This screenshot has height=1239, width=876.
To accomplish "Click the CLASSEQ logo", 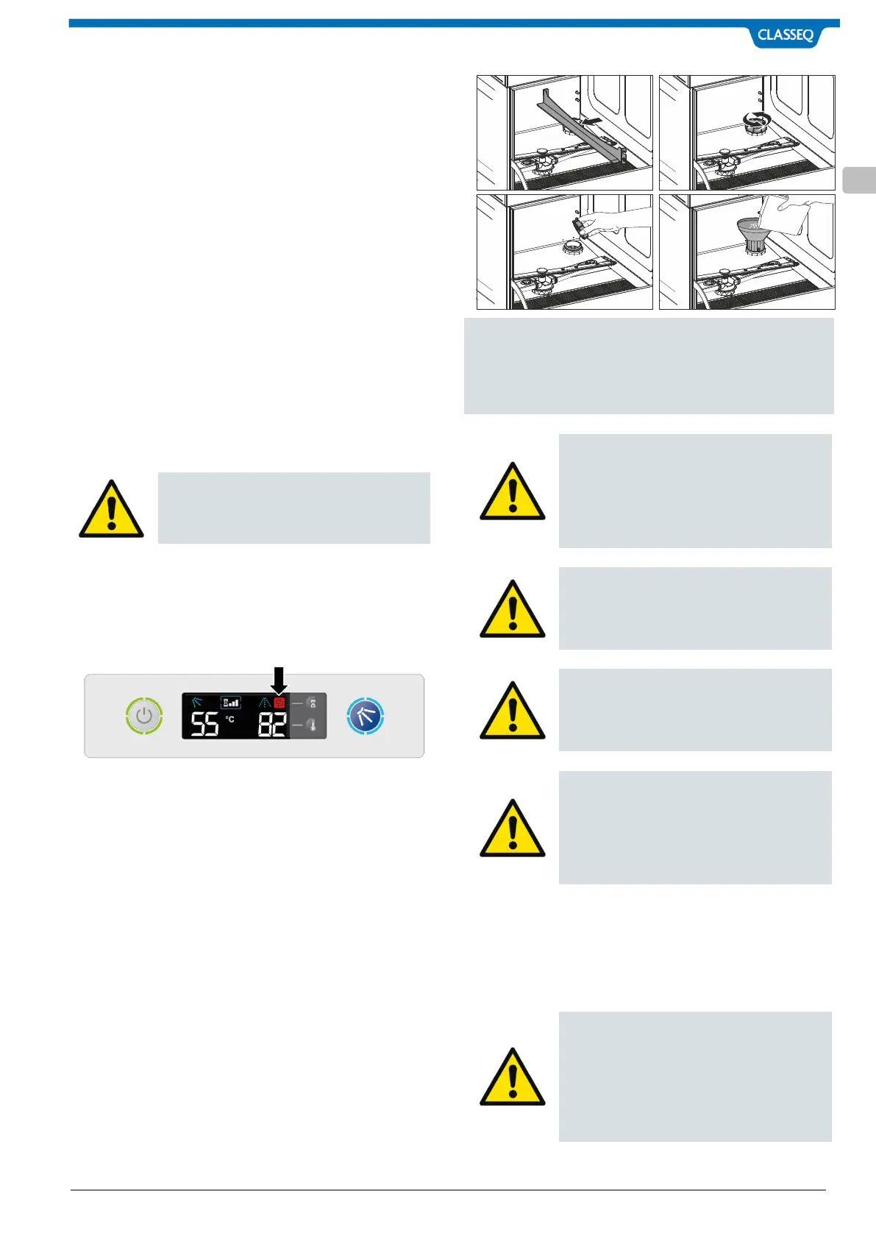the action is (x=785, y=35).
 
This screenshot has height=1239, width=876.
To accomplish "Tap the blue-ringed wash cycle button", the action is (x=366, y=716).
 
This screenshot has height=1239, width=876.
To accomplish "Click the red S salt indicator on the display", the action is (x=279, y=703).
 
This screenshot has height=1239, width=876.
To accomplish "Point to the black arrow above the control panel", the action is (x=279, y=679).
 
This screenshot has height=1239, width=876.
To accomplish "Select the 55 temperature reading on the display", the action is (x=204, y=725).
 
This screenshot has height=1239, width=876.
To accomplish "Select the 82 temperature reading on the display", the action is (x=271, y=725).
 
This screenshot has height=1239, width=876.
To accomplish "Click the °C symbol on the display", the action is (x=230, y=719).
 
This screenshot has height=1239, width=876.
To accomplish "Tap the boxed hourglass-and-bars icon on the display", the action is (x=231, y=703).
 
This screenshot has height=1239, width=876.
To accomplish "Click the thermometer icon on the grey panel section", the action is (x=312, y=725).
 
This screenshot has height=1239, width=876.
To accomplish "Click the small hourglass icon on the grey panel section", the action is (x=312, y=704).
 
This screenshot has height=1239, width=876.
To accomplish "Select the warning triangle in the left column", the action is (x=111, y=509).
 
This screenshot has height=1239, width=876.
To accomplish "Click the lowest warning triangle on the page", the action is (x=513, y=1077).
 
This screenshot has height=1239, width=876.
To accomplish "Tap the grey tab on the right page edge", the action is (x=859, y=180).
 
